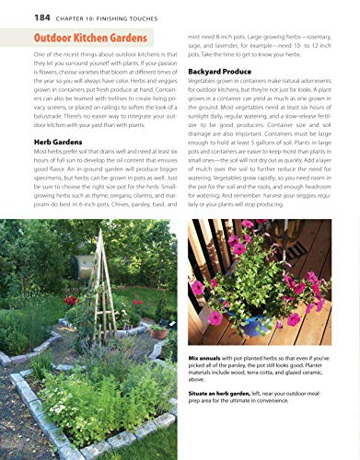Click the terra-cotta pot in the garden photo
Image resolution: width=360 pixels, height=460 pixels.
pos(160,331)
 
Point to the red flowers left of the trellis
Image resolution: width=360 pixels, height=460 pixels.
pos(71,300)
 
